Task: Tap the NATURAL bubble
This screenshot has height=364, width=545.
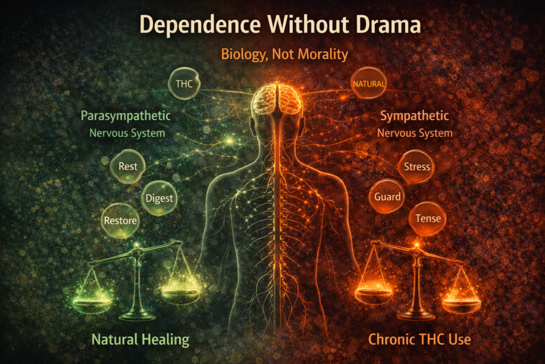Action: coord(369,84)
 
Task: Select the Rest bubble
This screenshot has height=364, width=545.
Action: coord(128,166)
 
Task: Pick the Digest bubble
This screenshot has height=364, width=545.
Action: coord(160,199)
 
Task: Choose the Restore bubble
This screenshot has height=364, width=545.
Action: coord(120,220)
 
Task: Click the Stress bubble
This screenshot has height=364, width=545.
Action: coord(417,166)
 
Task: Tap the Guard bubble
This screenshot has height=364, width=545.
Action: coord(387,197)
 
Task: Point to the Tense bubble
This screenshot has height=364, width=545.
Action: coord(427,219)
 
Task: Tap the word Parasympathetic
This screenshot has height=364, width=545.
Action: coord(126,116)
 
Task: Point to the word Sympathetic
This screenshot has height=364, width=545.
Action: coord(415,116)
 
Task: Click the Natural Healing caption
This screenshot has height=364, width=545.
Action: coord(141,338)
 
